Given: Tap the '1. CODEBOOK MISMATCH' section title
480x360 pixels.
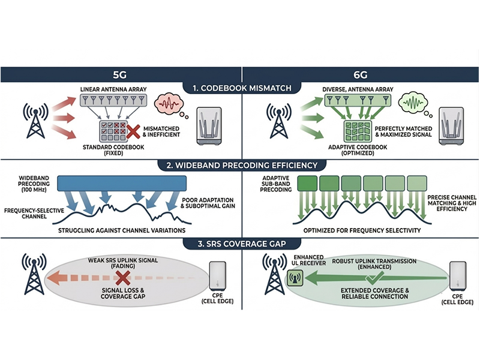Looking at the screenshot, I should (240, 88).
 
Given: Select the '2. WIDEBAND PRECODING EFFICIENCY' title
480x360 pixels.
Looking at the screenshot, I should (240, 164).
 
